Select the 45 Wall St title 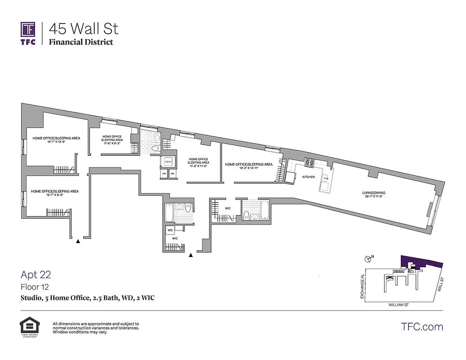[84, 29]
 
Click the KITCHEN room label [308, 177]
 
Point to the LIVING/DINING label [374, 193]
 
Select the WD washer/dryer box [170, 230]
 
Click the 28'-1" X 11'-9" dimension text [374, 197]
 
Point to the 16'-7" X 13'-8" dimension [53, 142]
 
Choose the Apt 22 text [36, 274]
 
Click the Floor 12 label [34, 287]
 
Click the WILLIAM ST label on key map [401, 305]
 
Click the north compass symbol [367, 258]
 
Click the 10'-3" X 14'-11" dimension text [249, 168]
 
